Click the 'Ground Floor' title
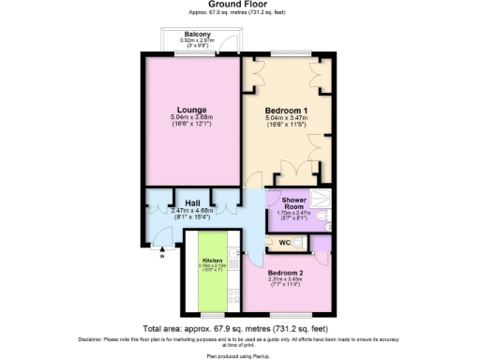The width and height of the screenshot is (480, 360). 240,5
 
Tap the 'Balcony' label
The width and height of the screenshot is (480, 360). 196,35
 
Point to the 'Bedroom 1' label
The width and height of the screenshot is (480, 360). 287,109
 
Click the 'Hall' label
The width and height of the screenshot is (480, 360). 191,202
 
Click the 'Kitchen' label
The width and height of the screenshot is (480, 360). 211,259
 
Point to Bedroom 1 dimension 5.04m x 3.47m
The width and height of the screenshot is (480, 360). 287,117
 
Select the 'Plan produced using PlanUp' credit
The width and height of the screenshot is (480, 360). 240,356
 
